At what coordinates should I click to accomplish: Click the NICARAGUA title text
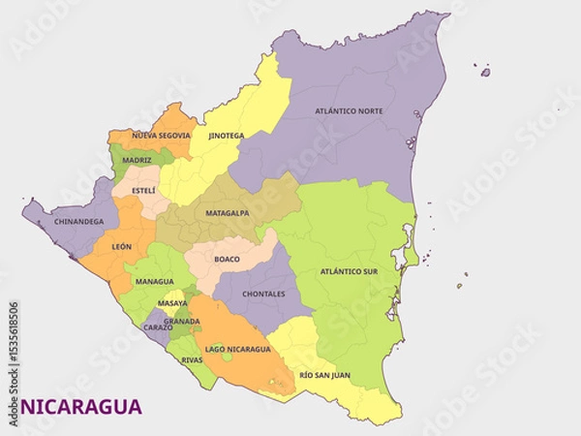point(80,407)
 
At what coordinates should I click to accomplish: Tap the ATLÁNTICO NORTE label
point(349,111)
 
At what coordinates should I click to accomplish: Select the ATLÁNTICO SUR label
point(348,272)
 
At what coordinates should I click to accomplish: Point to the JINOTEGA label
point(227,136)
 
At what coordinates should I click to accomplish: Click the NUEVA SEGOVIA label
point(161,136)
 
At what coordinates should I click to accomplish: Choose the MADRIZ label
point(137,159)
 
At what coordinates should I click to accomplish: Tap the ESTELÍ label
point(142,190)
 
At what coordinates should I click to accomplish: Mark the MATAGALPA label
point(228,213)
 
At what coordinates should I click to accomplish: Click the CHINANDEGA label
point(79,222)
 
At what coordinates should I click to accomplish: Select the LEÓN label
point(122,247)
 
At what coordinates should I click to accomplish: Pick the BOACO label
point(227,259)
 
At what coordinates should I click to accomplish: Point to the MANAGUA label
point(154,282)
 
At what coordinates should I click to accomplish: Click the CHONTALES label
point(263,294)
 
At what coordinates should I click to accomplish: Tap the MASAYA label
point(172,303)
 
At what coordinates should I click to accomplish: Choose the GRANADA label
point(182,321)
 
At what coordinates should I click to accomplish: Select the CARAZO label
point(158,327)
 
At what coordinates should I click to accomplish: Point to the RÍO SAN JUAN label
point(324,374)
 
